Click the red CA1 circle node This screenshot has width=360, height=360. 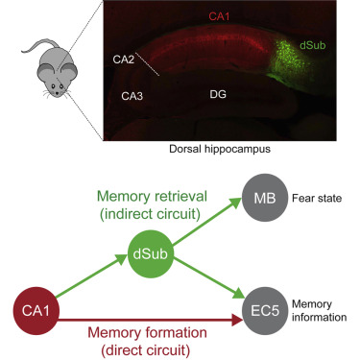(x=32, y=313)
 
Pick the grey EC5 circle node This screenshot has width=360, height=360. (x=259, y=313)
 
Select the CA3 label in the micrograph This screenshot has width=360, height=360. (x=132, y=96)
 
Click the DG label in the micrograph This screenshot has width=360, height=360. (x=220, y=95)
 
